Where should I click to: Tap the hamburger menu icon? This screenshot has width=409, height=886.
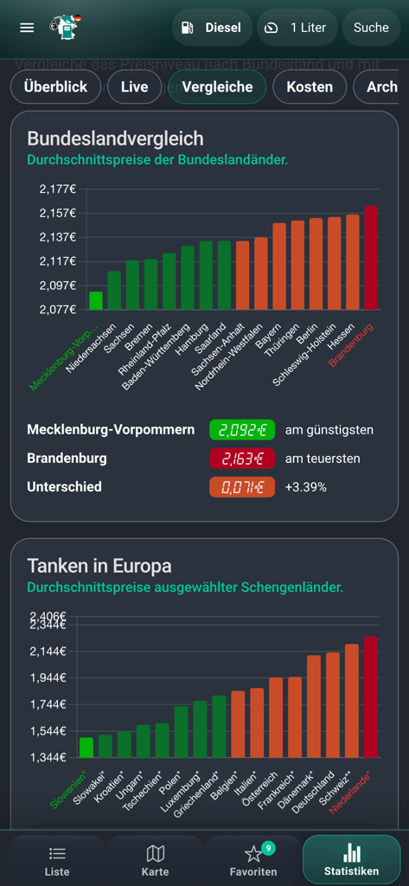[27, 28]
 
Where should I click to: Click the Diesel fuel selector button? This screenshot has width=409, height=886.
[212, 28]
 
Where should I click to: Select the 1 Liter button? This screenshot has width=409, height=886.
[297, 28]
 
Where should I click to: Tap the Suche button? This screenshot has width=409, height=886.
[371, 28]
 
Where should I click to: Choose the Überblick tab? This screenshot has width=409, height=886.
[55, 87]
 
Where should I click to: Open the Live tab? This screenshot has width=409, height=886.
[134, 87]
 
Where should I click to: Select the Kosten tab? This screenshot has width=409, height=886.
[310, 87]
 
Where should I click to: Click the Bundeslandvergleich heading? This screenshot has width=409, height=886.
[115, 138]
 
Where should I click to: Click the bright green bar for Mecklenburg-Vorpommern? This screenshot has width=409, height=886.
[96, 300]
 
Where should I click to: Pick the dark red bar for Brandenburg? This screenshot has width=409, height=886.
[371, 258]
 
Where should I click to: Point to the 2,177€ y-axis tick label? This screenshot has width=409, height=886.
[58, 189]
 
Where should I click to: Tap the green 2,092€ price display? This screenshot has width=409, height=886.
[241, 429]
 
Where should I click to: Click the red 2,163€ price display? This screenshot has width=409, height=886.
[241, 458]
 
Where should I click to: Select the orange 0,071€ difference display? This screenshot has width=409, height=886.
[241, 487]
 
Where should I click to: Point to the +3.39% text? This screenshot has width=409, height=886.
[306, 487]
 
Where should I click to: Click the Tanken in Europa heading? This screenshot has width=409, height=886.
[99, 566]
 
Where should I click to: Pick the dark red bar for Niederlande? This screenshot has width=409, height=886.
[371, 697]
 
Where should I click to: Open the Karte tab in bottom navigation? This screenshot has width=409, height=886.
[156, 860]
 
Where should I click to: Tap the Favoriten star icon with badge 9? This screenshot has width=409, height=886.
[254, 855]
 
